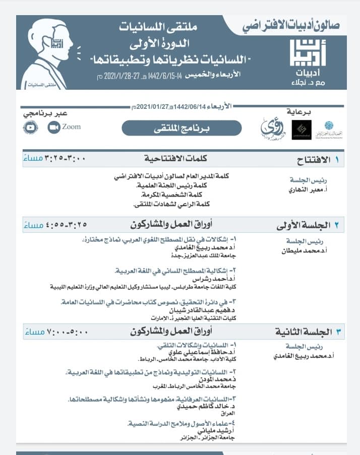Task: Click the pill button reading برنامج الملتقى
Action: pyautogui.click(x=182, y=128)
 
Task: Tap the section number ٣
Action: pyautogui.click(x=338, y=332)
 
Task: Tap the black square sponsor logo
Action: pyautogui.click(x=302, y=130)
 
